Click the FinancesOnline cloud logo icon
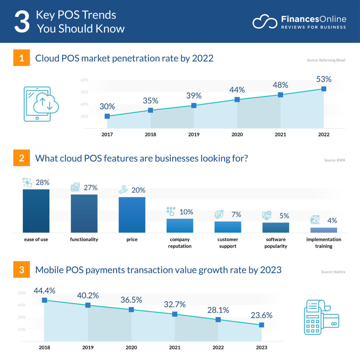point(265,22)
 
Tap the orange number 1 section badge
point(22,58)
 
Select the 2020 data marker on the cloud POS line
point(237,99)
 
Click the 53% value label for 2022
point(323,79)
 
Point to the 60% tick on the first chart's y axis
point(84,80)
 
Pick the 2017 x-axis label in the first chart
point(107,135)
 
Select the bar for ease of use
point(36,211)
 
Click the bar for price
point(132,214)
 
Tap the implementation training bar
point(323,230)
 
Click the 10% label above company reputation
point(186,212)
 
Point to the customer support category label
point(227,243)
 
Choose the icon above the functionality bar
point(75,187)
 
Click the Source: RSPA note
point(335,160)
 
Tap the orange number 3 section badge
point(22,270)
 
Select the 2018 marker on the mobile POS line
point(44,300)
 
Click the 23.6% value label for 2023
point(261,315)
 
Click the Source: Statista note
point(333,272)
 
